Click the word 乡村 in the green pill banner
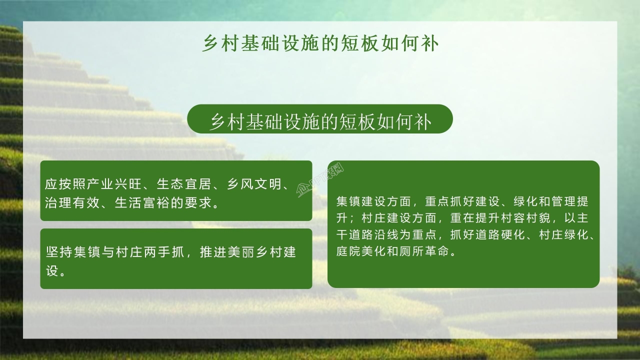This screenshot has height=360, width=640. coord(226,122)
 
